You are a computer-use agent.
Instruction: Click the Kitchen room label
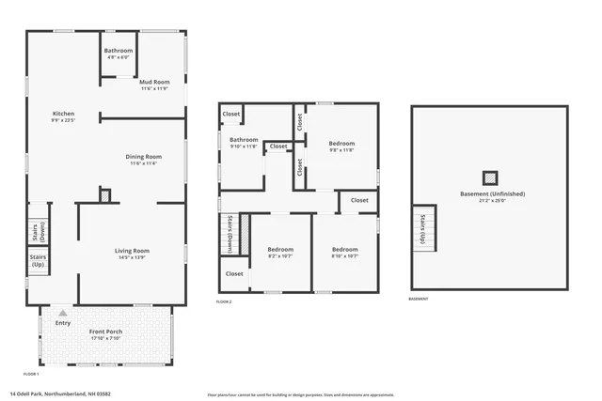pyautogui.click(x=63, y=117)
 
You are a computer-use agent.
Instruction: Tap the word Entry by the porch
pyautogui.click(x=63, y=323)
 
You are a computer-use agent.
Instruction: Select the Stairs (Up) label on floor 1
pyautogui.click(x=38, y=260)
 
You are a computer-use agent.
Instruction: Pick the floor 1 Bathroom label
pyautogui.click(x=119, y=53)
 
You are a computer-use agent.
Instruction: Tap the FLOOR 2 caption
pyautogui.click(x=224, y=301)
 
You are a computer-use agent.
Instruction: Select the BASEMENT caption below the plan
pyautogui.click(x=420, y=300)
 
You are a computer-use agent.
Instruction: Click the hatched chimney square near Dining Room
pyautogui.click(x=105, y=195)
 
